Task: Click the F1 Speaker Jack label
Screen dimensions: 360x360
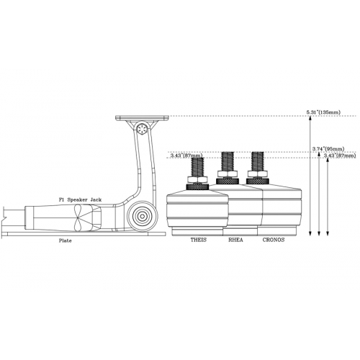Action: pos(81,199)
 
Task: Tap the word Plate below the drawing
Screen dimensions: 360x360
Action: pos(66,240)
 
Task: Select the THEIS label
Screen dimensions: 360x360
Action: pos(199,240)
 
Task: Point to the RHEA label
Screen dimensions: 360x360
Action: pos(235,240)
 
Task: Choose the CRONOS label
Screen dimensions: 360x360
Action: pos(274,240)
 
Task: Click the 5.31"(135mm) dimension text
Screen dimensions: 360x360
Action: pos(323,112)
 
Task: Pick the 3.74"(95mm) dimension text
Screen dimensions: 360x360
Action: pos(328,149)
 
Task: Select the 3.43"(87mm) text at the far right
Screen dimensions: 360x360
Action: pos(340,156)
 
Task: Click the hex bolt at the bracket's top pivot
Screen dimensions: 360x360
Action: pos(141,130)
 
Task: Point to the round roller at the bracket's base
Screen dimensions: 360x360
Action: pos(142,217)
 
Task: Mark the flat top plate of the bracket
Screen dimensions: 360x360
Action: pos(142,118)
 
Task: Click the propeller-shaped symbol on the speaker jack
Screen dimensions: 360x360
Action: pos(78,217)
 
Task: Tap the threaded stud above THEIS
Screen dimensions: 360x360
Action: pos(197,167)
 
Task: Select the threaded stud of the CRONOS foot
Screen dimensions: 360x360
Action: pos(258,161)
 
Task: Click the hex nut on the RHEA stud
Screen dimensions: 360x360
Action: pos(228,174)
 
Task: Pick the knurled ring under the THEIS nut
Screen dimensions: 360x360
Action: pos(197,186)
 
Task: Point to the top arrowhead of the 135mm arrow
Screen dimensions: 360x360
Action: pos(310,118)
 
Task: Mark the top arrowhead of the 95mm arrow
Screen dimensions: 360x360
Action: pos(319,154)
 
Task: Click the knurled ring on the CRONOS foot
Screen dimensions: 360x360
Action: pos(258,181)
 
